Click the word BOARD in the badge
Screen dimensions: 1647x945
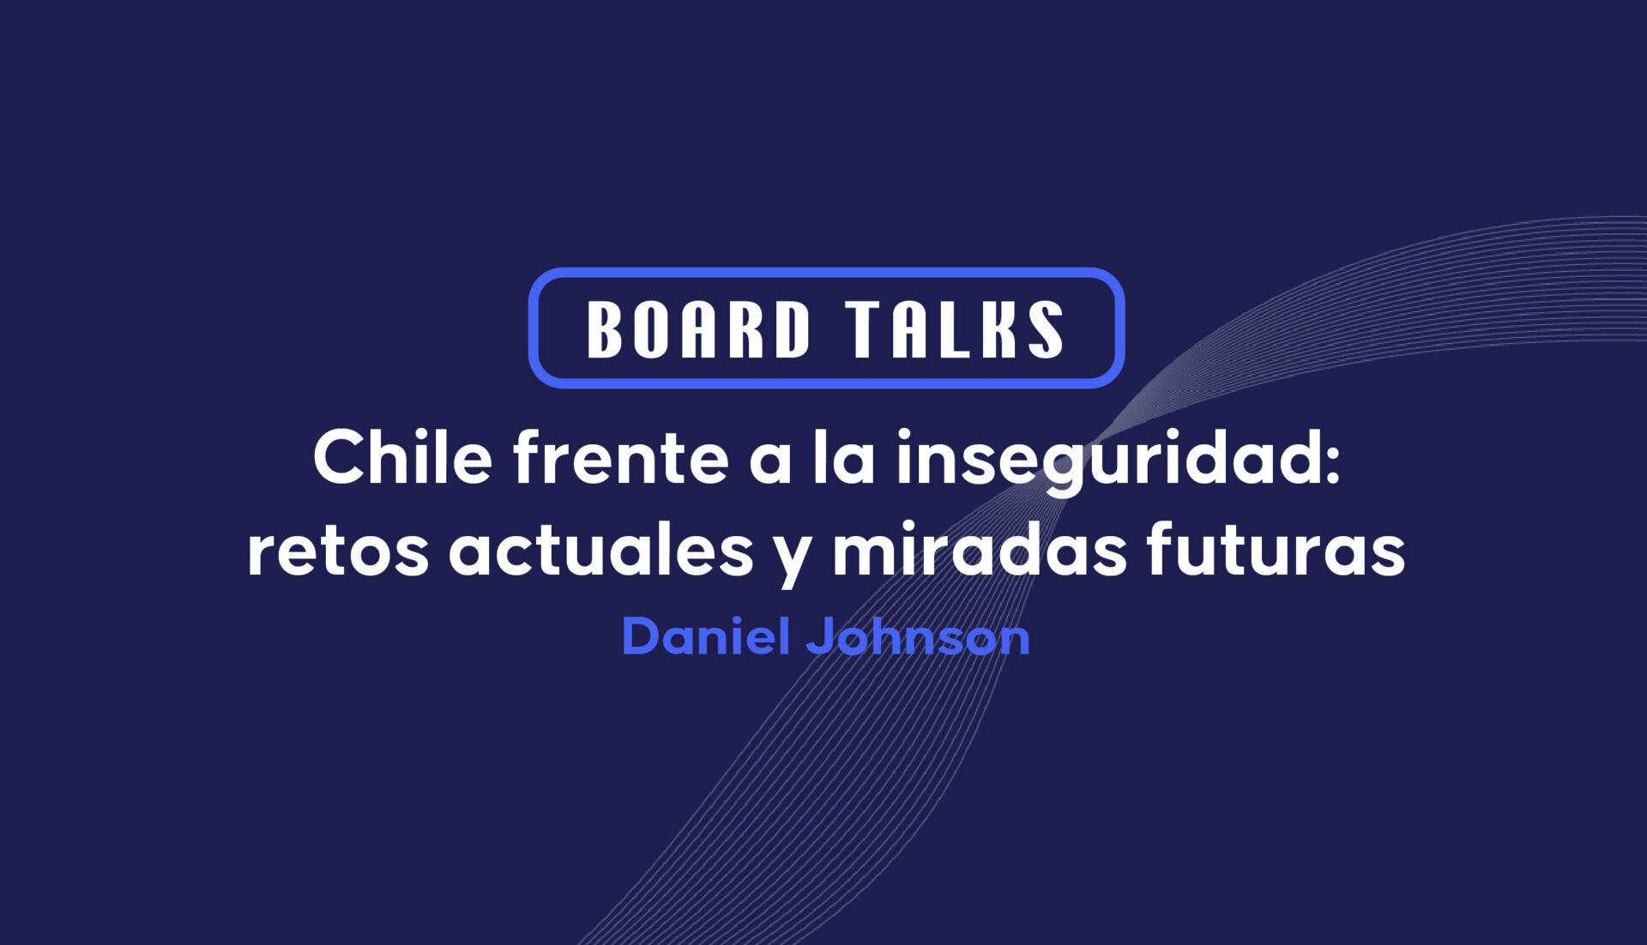coord(698,328)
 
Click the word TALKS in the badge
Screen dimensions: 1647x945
coord(954,328)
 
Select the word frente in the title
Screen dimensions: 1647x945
coord(621,459)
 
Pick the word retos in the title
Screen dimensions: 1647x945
coord(338,551)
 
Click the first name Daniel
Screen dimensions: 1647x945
coord(705,636)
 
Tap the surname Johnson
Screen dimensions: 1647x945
coord(918,636)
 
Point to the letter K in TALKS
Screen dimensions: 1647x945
coord(998,328)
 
